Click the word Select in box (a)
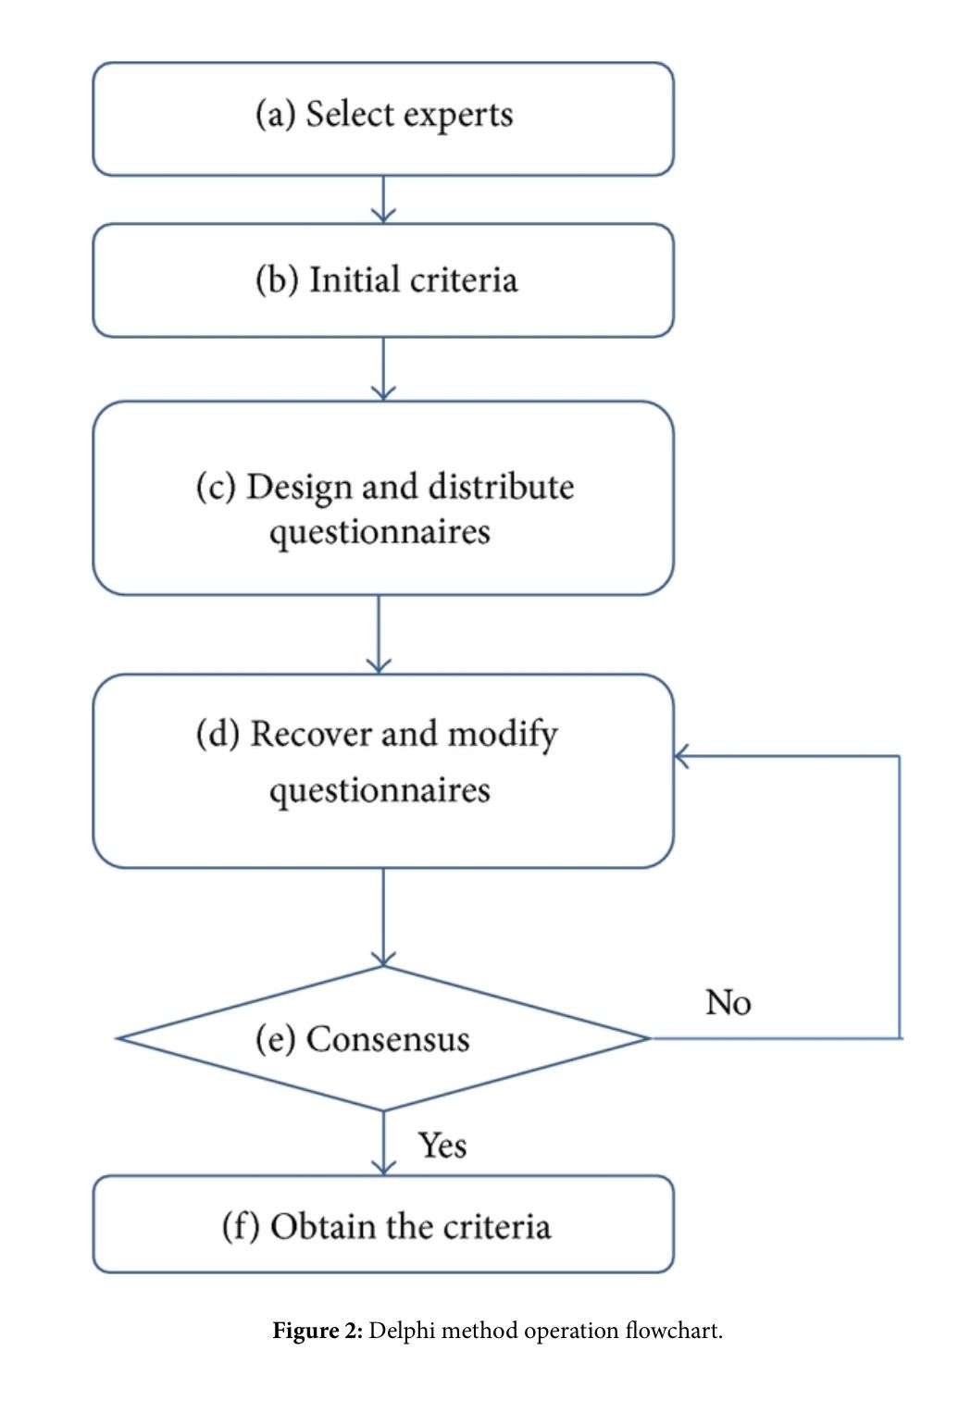349,115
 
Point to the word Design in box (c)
298,488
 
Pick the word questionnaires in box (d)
380,791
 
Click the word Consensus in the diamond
387,1039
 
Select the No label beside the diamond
728,1003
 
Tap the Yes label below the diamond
442,1146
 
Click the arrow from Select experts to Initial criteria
383,199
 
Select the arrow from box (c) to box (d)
379,634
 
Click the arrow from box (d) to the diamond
383,917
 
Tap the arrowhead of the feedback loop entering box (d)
682,756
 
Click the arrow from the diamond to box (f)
383,1144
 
